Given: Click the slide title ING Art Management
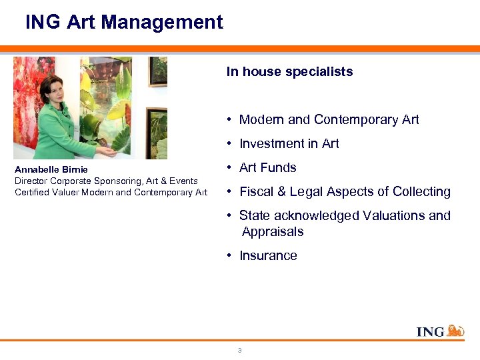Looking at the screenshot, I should click(124, 22).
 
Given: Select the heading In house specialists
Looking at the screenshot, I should click(289, 71).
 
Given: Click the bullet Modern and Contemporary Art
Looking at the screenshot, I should click(329, 119).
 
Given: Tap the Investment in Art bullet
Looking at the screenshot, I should click(289, 143).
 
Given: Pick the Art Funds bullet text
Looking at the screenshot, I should click(267, 167).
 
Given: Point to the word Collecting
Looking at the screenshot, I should click(421, 191).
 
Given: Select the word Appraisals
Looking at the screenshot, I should click(273, 231).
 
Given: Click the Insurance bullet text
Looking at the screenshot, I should click(268, 255).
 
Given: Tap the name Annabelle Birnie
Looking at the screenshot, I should click(51, 169).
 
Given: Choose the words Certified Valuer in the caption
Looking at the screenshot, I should click(43, 193).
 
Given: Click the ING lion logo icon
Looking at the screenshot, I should click(455, 330).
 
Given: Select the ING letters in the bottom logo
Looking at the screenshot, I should click(430, 331).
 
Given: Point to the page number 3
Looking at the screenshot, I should click(240, 350).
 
